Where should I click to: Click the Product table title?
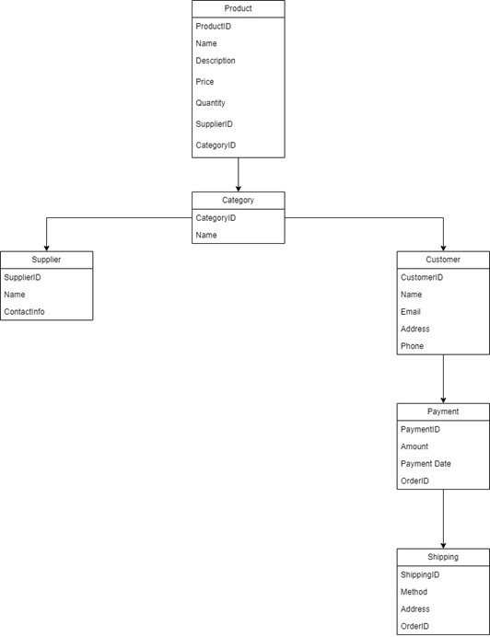238,8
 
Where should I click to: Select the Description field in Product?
216,61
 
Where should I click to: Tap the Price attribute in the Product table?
204,82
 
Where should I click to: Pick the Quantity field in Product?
210,103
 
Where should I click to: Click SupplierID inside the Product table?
214,124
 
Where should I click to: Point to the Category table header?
238,200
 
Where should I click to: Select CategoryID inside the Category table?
216,218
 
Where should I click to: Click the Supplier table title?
46,260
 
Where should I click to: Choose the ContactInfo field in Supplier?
24,312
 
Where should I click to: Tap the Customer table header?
443,260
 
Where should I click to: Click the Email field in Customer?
410,312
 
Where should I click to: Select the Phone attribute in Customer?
412,346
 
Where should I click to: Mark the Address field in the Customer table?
414,329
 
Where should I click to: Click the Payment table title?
443,411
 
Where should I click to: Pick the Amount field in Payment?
414,446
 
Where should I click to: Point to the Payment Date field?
426,464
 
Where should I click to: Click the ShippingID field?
420,575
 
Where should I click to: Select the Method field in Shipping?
414,592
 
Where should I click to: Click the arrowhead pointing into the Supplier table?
46,247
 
